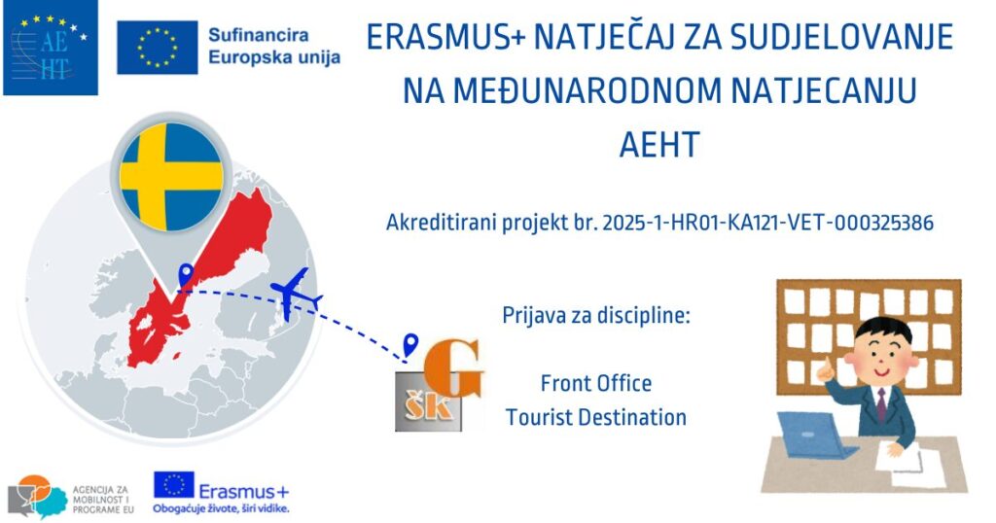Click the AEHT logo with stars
click(51, 48)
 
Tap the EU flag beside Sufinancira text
click(157, 47)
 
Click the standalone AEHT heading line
click(659, 144)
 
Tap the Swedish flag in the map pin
click(171, 177)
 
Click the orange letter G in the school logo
click(452, 371)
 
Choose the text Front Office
click(596, 383)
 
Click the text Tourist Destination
click(596, 417)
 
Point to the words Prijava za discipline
click(596, 315)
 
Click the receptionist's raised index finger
click(828, 363)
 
